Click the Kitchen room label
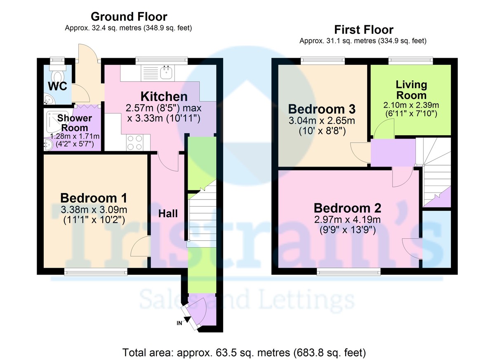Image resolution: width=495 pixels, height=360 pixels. pyautogui.click(x=164, y=97)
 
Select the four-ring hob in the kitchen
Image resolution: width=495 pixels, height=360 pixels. pyautogui.click(x=134, y=143)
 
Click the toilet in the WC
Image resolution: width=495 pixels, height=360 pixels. pyautogui.click(x=58, y=76)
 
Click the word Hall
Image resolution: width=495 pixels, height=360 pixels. pyautogui.click(x=168, y=214)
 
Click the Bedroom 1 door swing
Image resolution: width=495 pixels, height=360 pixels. pyautogui.click(x=138, y=247)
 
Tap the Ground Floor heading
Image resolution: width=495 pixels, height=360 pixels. pyautogui.click(x=129, y=17)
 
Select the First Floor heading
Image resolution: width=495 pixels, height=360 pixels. pyautogui.click(x=363, y=30)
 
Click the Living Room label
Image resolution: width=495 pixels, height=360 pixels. pyautogui.click(x=411, y=90)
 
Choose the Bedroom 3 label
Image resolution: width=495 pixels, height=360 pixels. pyautogui.click(x=322, y=109)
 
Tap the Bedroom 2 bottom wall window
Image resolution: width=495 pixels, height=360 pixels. pyautogui.click(x=349, y=271)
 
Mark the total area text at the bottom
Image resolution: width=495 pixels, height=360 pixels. pyautogui.click(x=244, y=353)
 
